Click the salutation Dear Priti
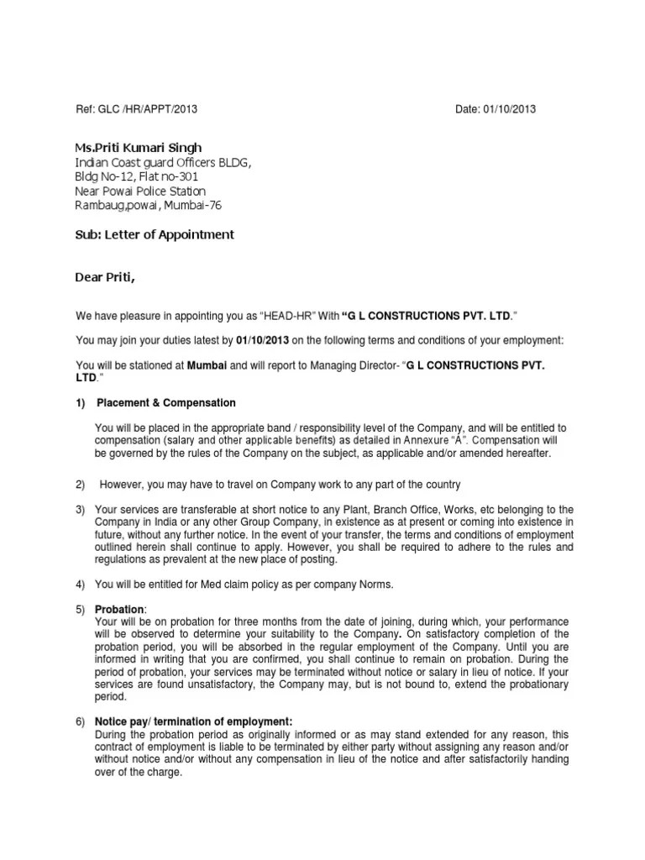pos(104,277)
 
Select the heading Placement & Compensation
pos(166,403)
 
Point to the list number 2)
pos(81,485)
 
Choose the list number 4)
pos(81,585)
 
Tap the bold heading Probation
pos(120,608)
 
